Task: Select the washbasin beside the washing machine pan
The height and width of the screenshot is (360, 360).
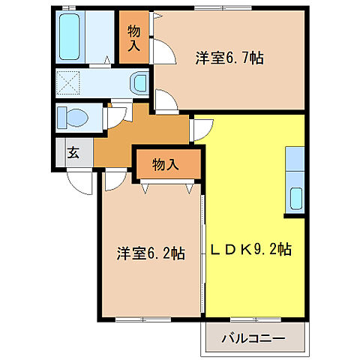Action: tap(139, 82)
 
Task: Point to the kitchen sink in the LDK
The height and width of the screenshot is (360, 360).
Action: tap(295, 199)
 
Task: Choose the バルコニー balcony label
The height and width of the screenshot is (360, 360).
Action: tap(253, 338)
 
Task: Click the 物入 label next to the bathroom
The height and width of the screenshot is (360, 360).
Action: tap(134, 37)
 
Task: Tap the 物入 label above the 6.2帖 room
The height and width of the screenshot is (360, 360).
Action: tap(165, 163)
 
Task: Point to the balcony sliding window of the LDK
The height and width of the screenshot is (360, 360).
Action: tap(255, 320)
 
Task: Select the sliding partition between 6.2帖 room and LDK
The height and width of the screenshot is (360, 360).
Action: tap(202, 247)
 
